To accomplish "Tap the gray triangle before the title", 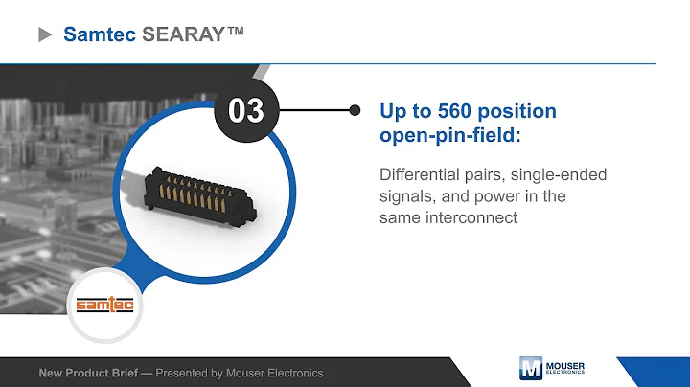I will pos(44,34).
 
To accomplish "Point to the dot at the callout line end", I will pos(356,110).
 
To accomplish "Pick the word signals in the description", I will pos(408,196).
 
